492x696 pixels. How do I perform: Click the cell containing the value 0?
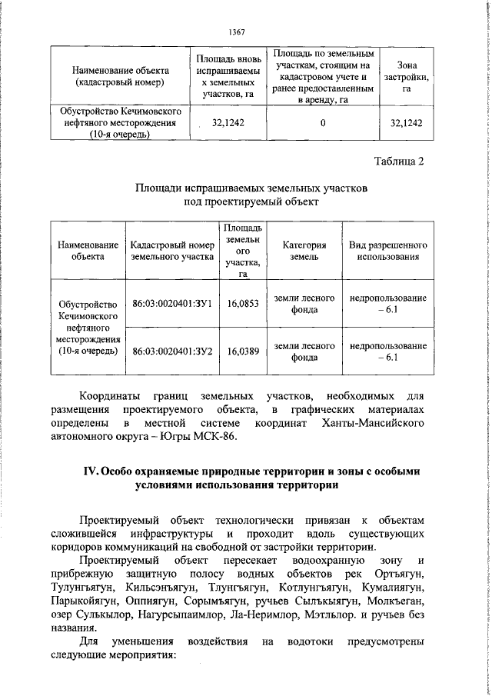(x=323, y=122)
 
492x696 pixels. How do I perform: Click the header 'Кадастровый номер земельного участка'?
(x=172, y=251)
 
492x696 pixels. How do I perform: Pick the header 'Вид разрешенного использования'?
(x=387, y=251)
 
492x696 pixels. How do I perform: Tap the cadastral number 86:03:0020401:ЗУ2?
(x=172, y=350)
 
